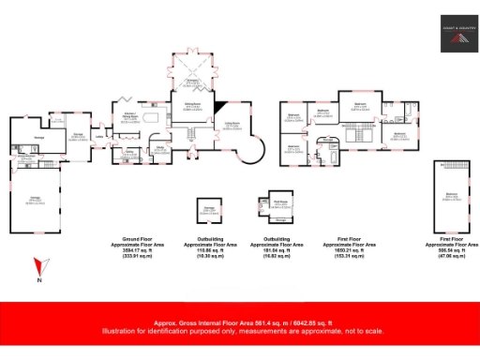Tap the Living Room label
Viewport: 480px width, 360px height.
tap(231, 123)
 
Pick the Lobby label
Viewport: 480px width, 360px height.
tap(99, 137)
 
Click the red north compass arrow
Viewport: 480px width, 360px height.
tap(38, 267)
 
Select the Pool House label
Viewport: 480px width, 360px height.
tap(278, 201)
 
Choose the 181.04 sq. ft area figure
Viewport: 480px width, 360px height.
tap(277, 251)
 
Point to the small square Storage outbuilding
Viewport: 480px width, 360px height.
tap(209, 210)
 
